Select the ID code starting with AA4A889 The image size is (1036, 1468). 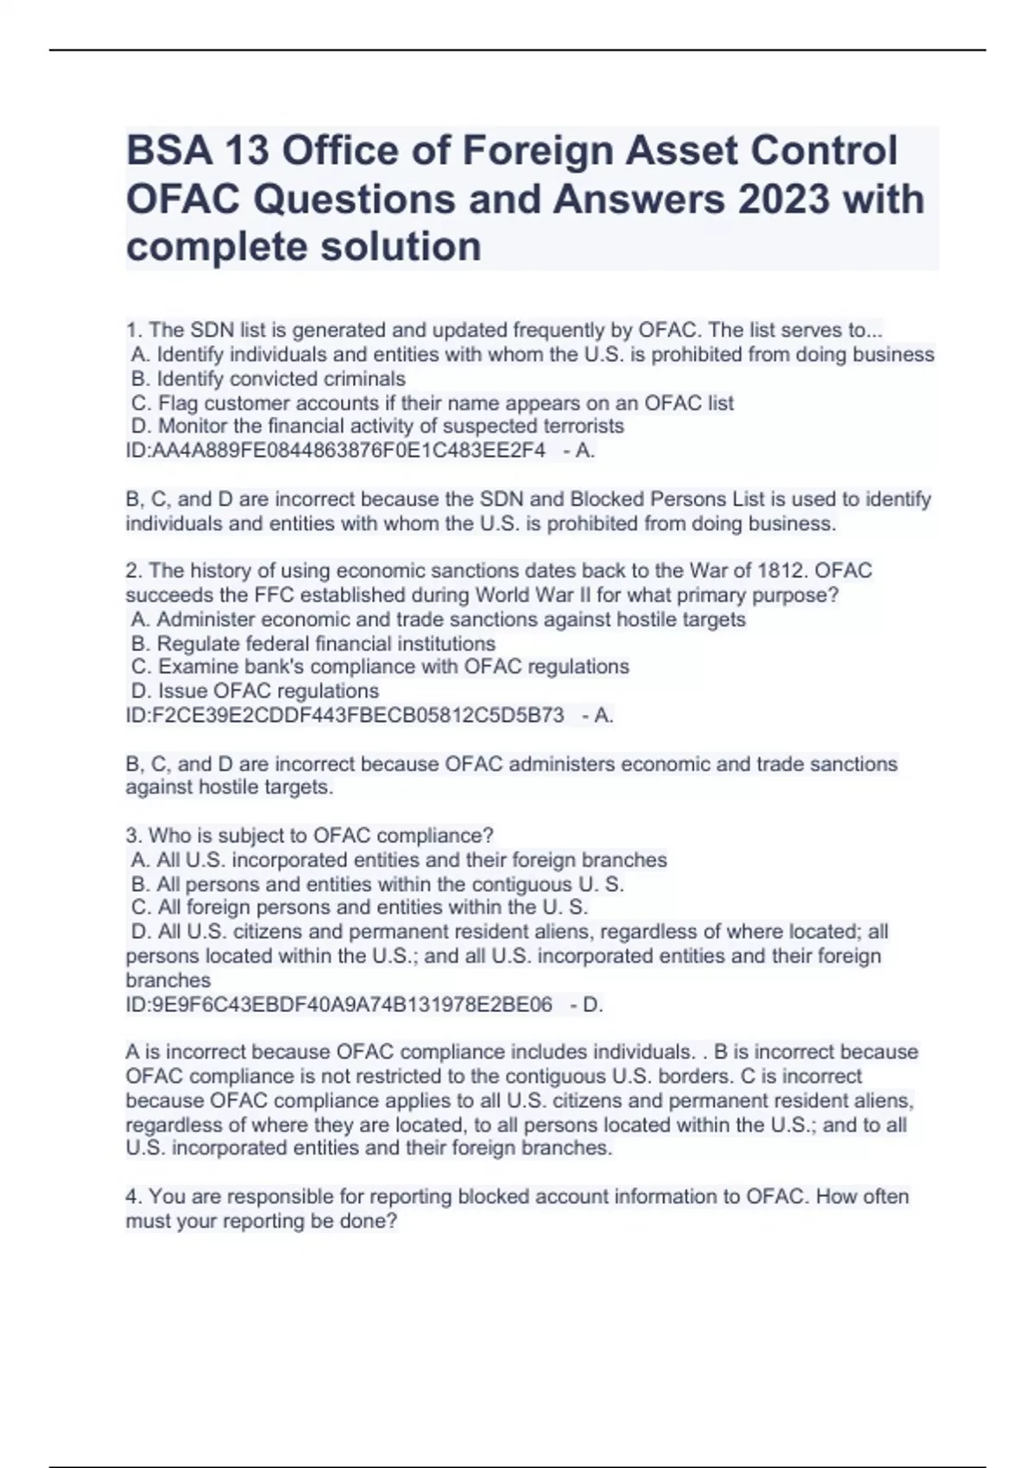(x=336, y=451)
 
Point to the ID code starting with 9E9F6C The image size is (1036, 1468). (x=339, y=1004)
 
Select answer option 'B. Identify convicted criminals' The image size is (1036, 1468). (x=268, y=379)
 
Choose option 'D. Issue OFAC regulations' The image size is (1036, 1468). (x=255, y=691)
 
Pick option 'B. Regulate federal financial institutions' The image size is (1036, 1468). (x=313, y=643)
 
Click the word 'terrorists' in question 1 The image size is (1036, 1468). (x=583, y=427)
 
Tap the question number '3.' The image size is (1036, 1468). (x=134, y=836)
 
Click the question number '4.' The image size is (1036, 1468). (x=134, y=1197)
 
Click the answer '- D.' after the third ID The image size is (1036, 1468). (x=587, y=1004)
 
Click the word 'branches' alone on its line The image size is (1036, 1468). (x=168, y=981)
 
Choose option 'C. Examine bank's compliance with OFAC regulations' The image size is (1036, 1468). (x=381, y=667)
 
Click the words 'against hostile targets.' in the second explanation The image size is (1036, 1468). (x=229, y=788)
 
